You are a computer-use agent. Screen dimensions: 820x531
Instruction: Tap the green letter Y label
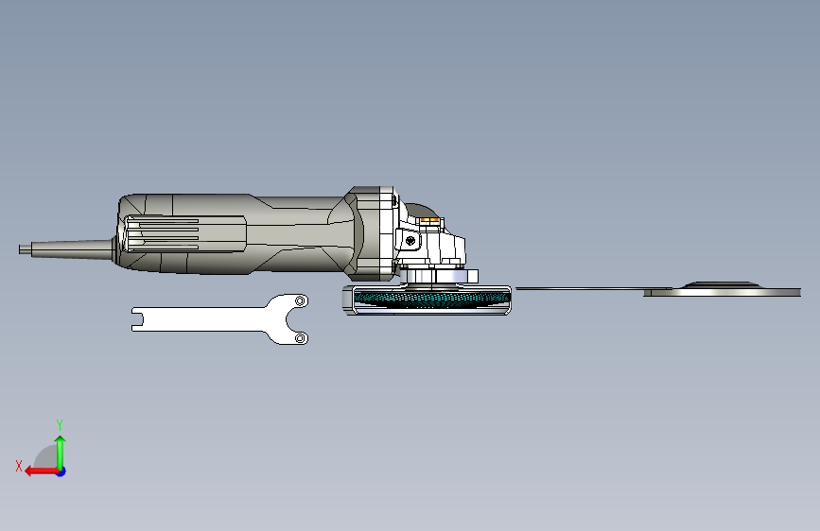[59, 424]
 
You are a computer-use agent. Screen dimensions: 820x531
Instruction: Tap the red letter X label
[18, 465]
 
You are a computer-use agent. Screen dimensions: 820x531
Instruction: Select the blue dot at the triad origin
[61, 471]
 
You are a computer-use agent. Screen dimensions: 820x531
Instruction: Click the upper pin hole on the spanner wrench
[301, 300]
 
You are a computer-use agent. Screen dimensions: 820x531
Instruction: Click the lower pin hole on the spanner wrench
[300, 337]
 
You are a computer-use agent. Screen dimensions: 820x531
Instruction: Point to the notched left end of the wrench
[136, 318]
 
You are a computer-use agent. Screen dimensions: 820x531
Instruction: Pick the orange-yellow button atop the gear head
[431, 224]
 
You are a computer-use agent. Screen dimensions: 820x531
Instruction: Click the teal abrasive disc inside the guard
[430, 300]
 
